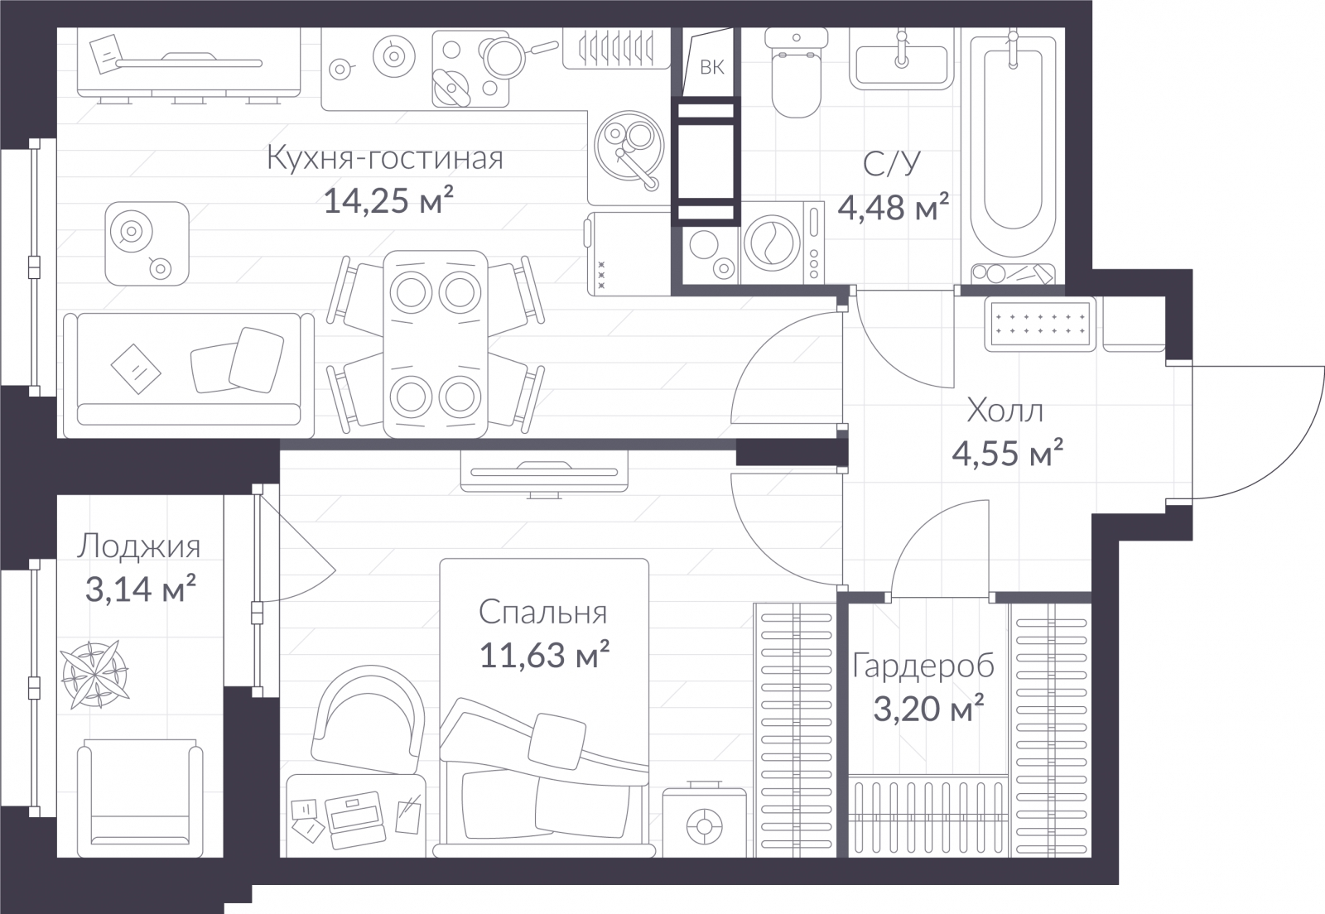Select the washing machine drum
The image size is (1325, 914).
point(773,243)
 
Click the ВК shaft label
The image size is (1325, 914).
point(711,67)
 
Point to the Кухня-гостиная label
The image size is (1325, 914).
point(385,158)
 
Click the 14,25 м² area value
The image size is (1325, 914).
point(388,200)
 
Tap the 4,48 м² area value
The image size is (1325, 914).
point(894,207)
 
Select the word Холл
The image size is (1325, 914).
point(1005,411)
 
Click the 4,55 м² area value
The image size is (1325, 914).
point(1007,454)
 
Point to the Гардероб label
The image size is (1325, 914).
point(923,666)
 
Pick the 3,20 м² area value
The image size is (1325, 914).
point(928,709)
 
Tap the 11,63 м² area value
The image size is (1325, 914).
point(544,655)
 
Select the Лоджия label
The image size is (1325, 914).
point(139,546)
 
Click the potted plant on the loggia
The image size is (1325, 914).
point(94,675)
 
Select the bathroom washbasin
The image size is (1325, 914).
point(902,59)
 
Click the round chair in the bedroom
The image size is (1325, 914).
point(368,719)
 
